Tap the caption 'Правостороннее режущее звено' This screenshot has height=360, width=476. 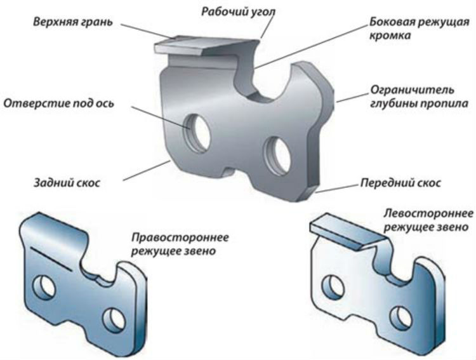pyautogui.click(x=180, y=245)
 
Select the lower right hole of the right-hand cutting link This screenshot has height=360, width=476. pyautogui.click(x=114, y=314)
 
